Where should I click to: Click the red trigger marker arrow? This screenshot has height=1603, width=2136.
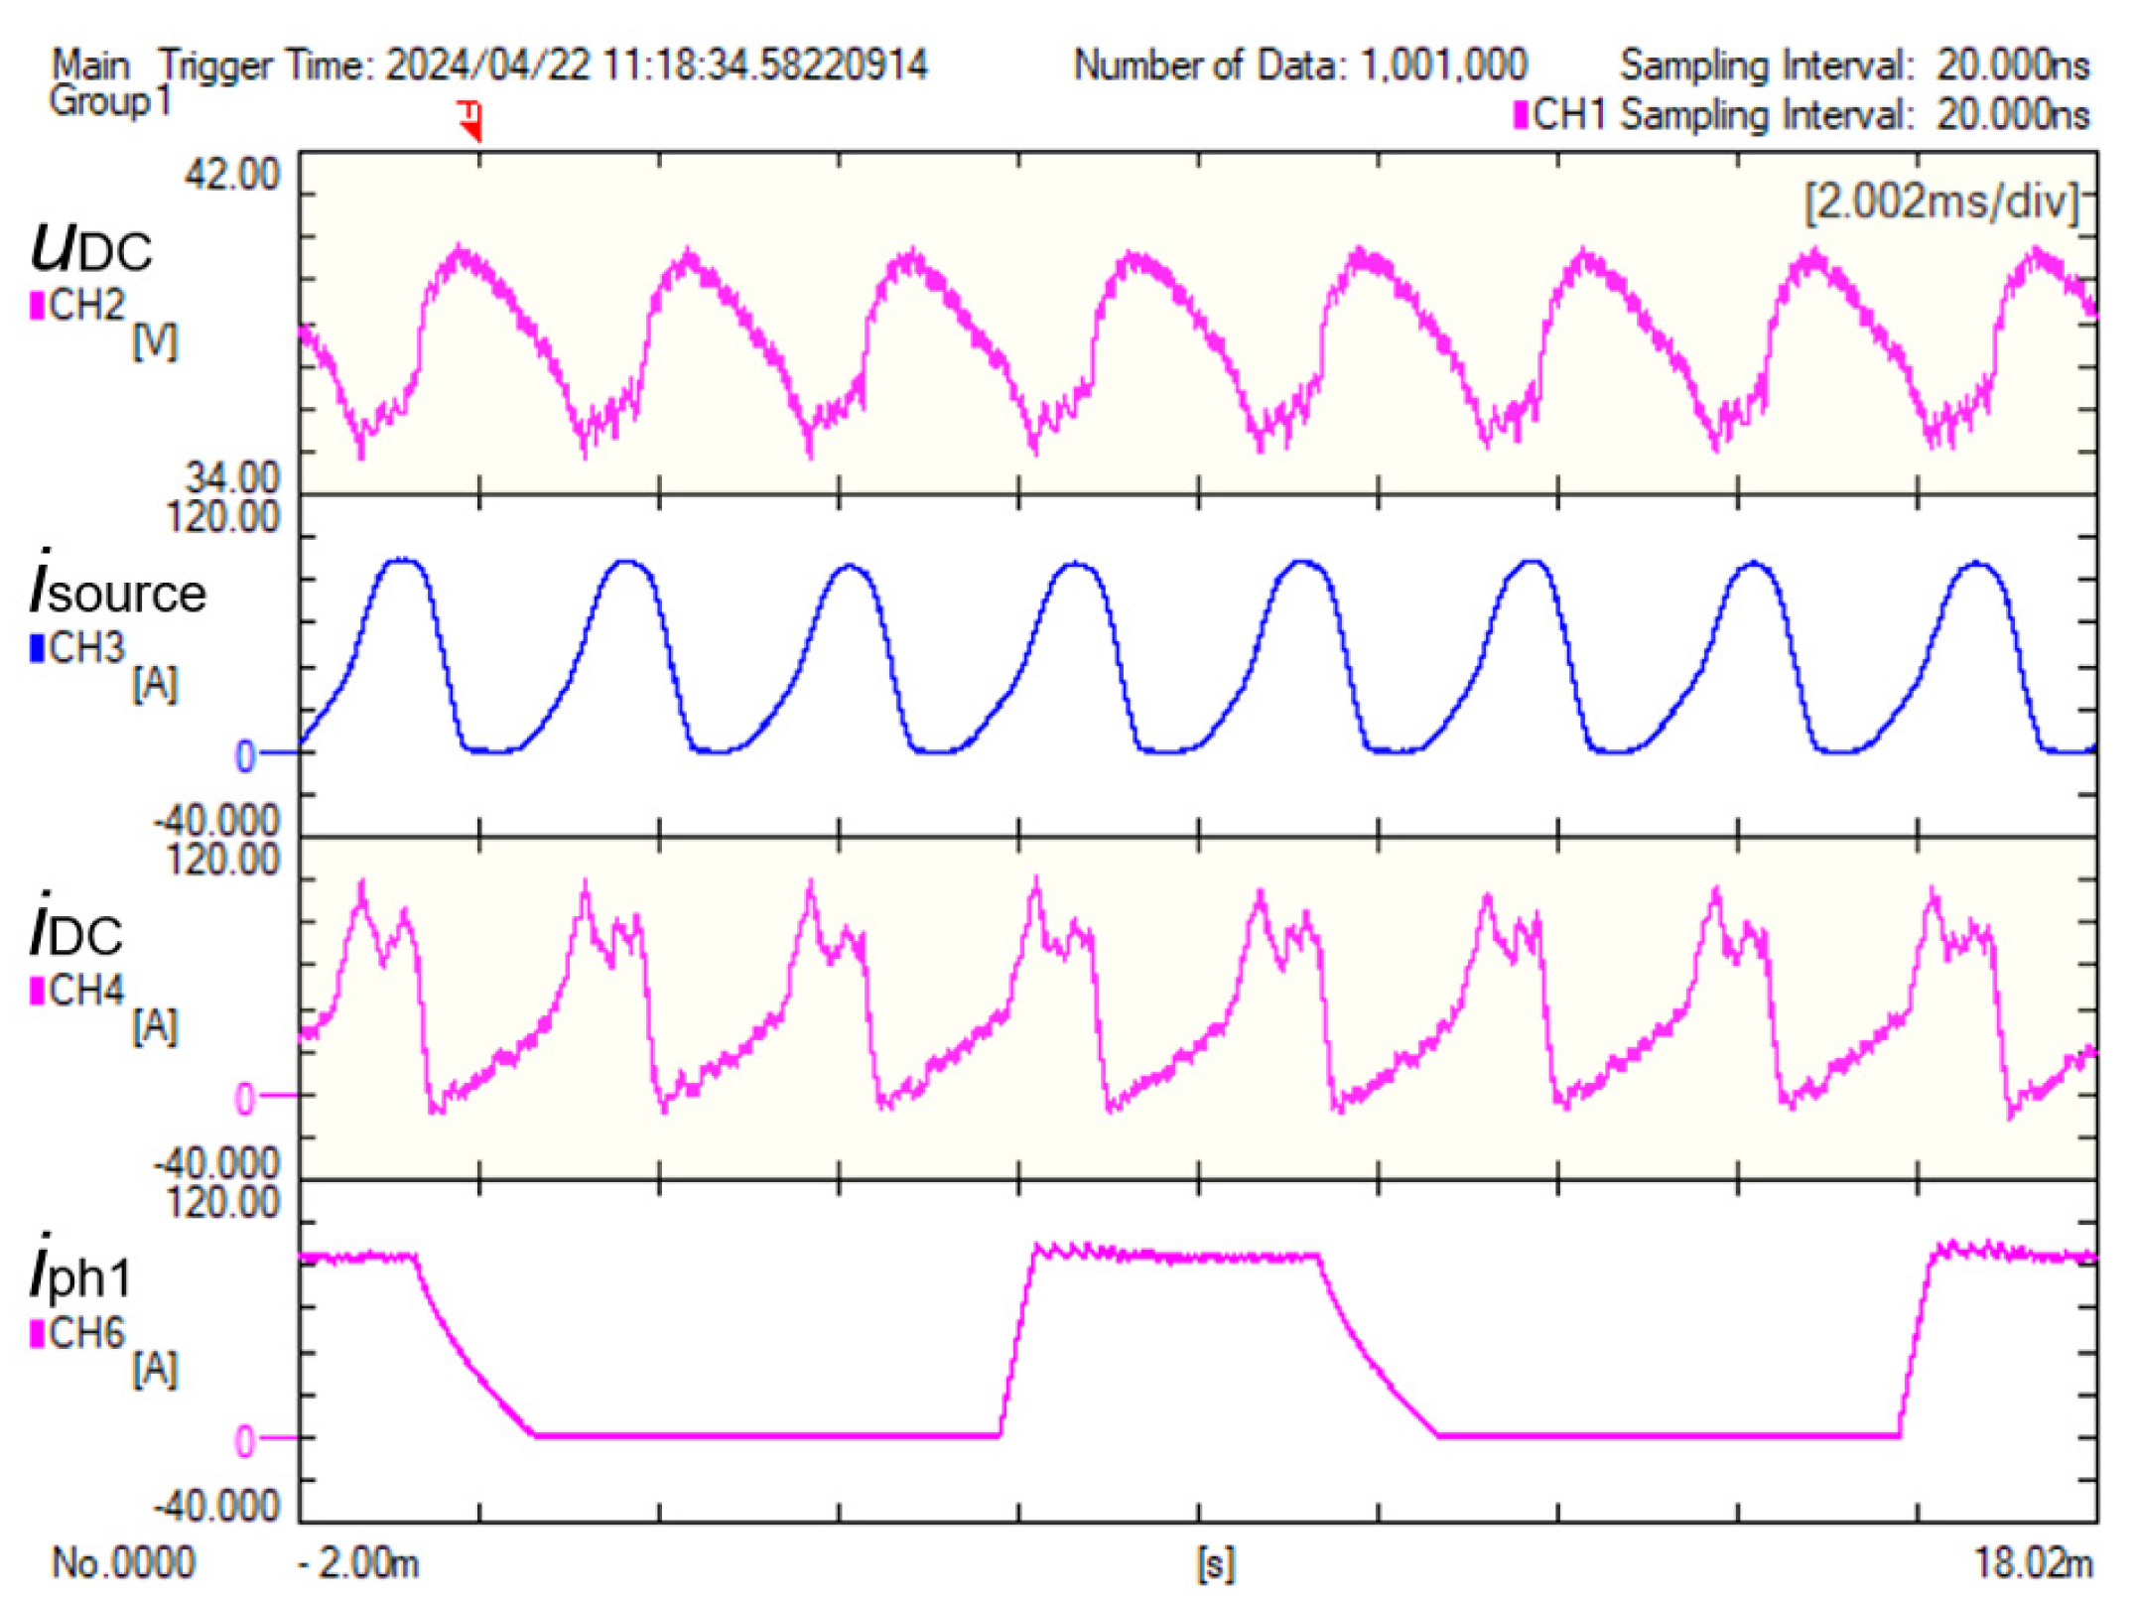click(472, 121)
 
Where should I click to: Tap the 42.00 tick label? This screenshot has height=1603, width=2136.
click(231, 175)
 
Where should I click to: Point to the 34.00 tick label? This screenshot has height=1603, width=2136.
click(232, 478)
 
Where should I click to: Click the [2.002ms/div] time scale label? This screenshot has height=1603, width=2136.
click(1940, 202)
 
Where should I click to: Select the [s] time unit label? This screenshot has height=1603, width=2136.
click(1216, 1564)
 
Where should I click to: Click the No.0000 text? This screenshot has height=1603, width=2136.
click(123, 1563)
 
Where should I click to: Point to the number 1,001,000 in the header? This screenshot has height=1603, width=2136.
click(1442, 66)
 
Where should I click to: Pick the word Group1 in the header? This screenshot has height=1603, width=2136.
click(110, 101)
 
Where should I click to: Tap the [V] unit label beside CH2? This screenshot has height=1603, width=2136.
click(155, 343)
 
